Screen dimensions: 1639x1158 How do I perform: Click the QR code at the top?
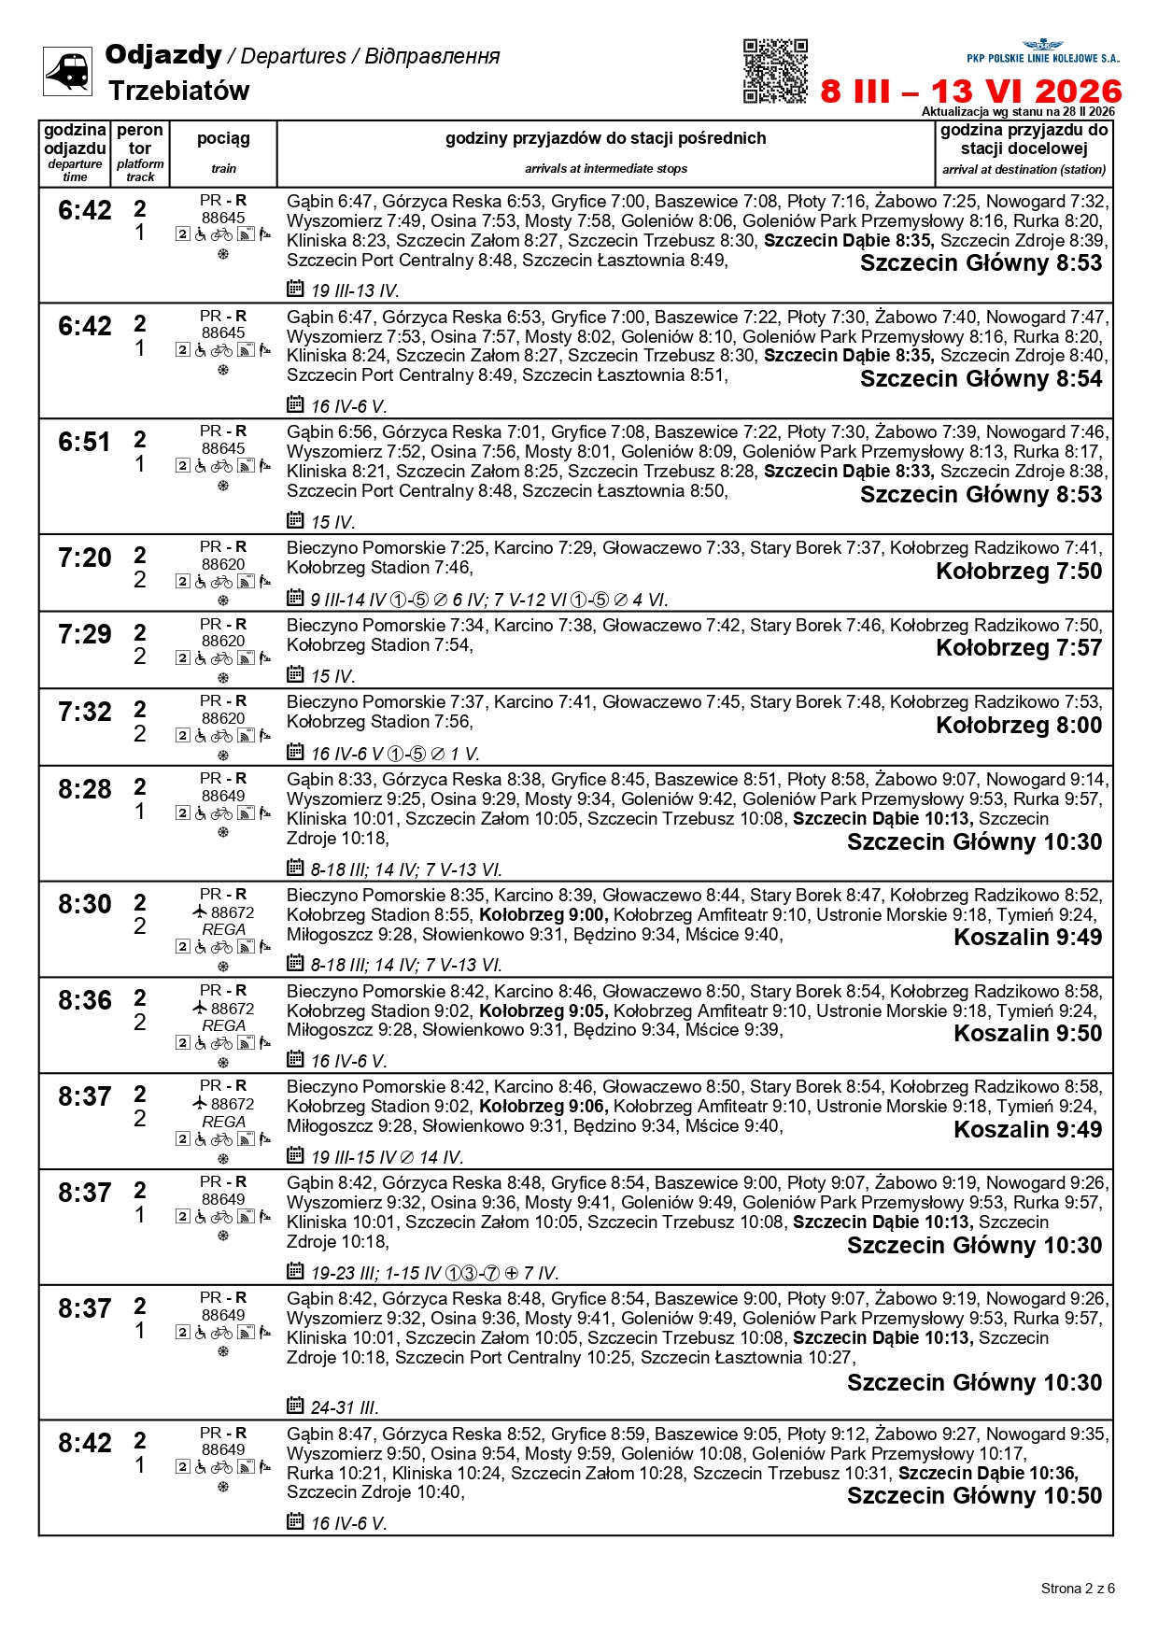coord(775,70)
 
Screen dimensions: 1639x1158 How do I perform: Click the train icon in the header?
coord(67,71)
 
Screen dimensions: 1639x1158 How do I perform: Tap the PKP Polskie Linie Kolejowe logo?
coord(1042,51)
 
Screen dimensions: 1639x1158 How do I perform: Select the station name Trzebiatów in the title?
coord(178,91)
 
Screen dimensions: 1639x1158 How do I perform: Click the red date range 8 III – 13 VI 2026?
coord(971,92)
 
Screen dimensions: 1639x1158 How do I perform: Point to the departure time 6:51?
coord(85,442)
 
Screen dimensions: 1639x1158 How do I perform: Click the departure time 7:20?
coord(85,558)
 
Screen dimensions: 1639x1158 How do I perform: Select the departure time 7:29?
coord(85,635)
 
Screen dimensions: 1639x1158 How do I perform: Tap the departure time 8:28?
coord(85,789)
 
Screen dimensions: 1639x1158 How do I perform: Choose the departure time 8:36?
coord(85,1000)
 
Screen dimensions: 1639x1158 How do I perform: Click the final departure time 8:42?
coord(85,1443)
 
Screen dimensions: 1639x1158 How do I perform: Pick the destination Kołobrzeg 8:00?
coord(1019,726)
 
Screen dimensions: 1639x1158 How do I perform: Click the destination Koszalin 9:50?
coord(1027,1034)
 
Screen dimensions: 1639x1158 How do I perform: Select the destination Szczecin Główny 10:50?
coord(974,1495)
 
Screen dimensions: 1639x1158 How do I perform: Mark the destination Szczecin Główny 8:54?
coord(981,378)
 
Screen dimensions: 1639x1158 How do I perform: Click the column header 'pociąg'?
coord(223,138)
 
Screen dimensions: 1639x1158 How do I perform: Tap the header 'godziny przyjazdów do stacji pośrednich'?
coord(605,138)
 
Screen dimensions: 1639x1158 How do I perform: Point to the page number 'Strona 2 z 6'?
coord(1078,1588)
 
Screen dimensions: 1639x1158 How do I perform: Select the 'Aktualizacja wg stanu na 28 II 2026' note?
coord(1018,111)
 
